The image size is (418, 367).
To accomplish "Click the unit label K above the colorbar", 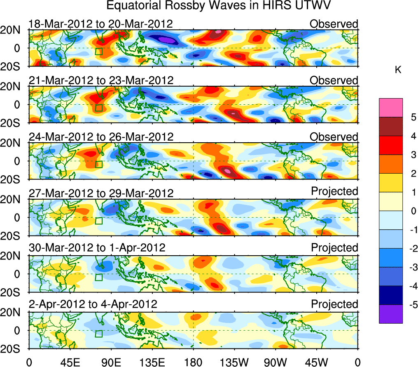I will (x=398, y=71).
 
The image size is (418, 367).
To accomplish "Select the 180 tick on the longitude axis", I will (x=193, y=362).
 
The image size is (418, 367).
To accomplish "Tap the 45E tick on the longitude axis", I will (x=69, y=362).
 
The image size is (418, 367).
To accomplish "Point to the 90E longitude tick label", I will (x=110, y=362).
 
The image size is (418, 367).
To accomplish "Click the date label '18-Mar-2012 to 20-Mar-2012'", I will (x=100, y=24).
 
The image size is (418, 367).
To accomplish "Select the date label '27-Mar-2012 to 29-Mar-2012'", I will (x=101, y=193).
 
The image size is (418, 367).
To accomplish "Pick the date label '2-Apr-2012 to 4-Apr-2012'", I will (x=93, y=305).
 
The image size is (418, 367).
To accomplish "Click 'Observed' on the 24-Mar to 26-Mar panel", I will (x=334, y=136).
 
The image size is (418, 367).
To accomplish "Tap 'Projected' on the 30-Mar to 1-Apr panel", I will (x=334, y=248).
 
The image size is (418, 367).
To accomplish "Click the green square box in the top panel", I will (x=98, y=51).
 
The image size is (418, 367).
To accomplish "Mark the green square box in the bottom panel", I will (x=98, y=334).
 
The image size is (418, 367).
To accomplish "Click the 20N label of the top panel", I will (x=13, y=30).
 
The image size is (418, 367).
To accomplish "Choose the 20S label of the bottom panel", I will (x=13, y=348).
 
